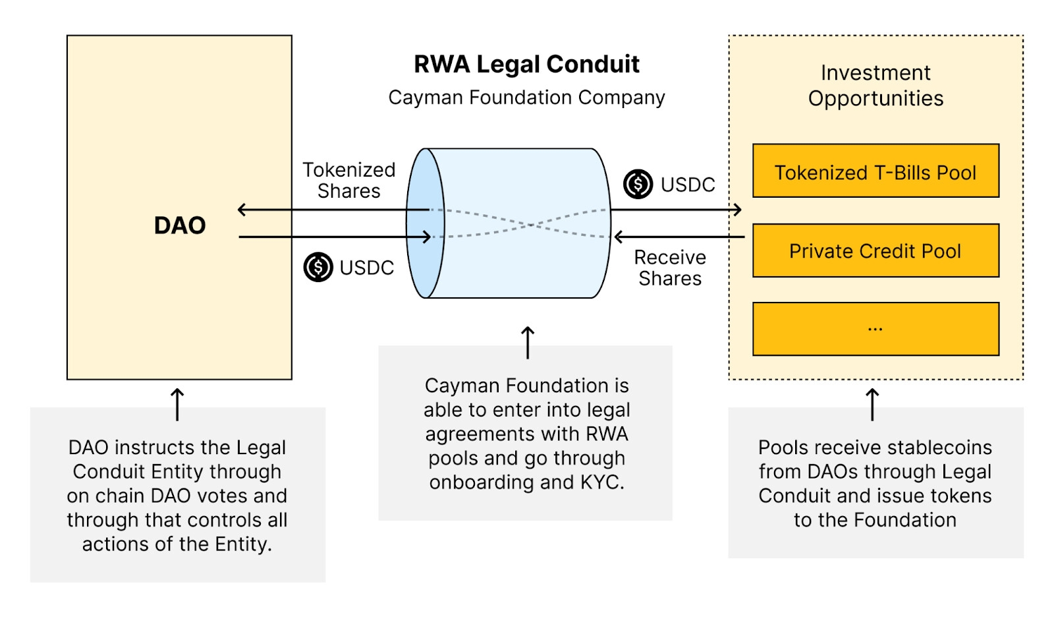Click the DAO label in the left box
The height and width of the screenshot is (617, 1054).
180,225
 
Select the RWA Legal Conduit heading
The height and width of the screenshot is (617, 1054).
526,64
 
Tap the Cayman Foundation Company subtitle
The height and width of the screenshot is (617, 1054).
526,98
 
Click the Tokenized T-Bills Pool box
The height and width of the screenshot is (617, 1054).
875,171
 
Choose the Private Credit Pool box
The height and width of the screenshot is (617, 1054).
875,250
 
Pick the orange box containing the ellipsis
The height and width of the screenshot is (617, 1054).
875,329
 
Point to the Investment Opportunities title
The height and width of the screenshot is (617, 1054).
875,86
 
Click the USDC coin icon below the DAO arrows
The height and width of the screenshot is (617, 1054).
318,267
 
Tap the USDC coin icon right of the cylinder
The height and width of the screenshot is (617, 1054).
638,184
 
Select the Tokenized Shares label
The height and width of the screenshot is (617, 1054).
348,181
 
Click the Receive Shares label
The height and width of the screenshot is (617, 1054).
670,268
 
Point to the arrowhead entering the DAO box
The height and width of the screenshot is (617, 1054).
242,210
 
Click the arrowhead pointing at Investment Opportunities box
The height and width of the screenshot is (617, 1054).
738,210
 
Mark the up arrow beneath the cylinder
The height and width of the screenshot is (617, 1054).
528,343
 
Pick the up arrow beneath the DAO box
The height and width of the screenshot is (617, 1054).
177,405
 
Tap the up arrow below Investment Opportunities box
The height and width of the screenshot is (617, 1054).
872,405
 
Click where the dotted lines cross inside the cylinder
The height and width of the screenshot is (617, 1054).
530,225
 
